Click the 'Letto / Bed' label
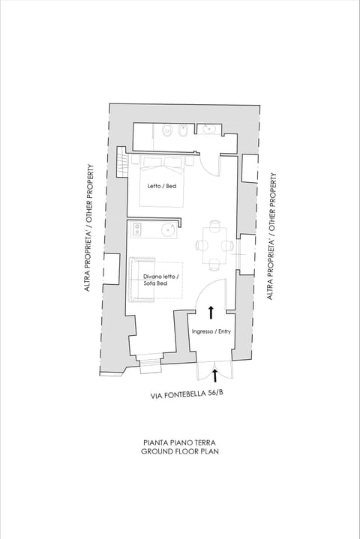(x=162, y=186)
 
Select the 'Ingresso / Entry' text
(x=211, y=331)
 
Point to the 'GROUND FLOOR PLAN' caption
(x=180, y=452)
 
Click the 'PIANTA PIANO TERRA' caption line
(x=180, y=443)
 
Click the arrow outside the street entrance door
(x=216, y=373)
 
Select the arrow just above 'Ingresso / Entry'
(x=211, y=311)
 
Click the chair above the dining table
(x=215, y=226)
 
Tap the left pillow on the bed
(x=152, y=163)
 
